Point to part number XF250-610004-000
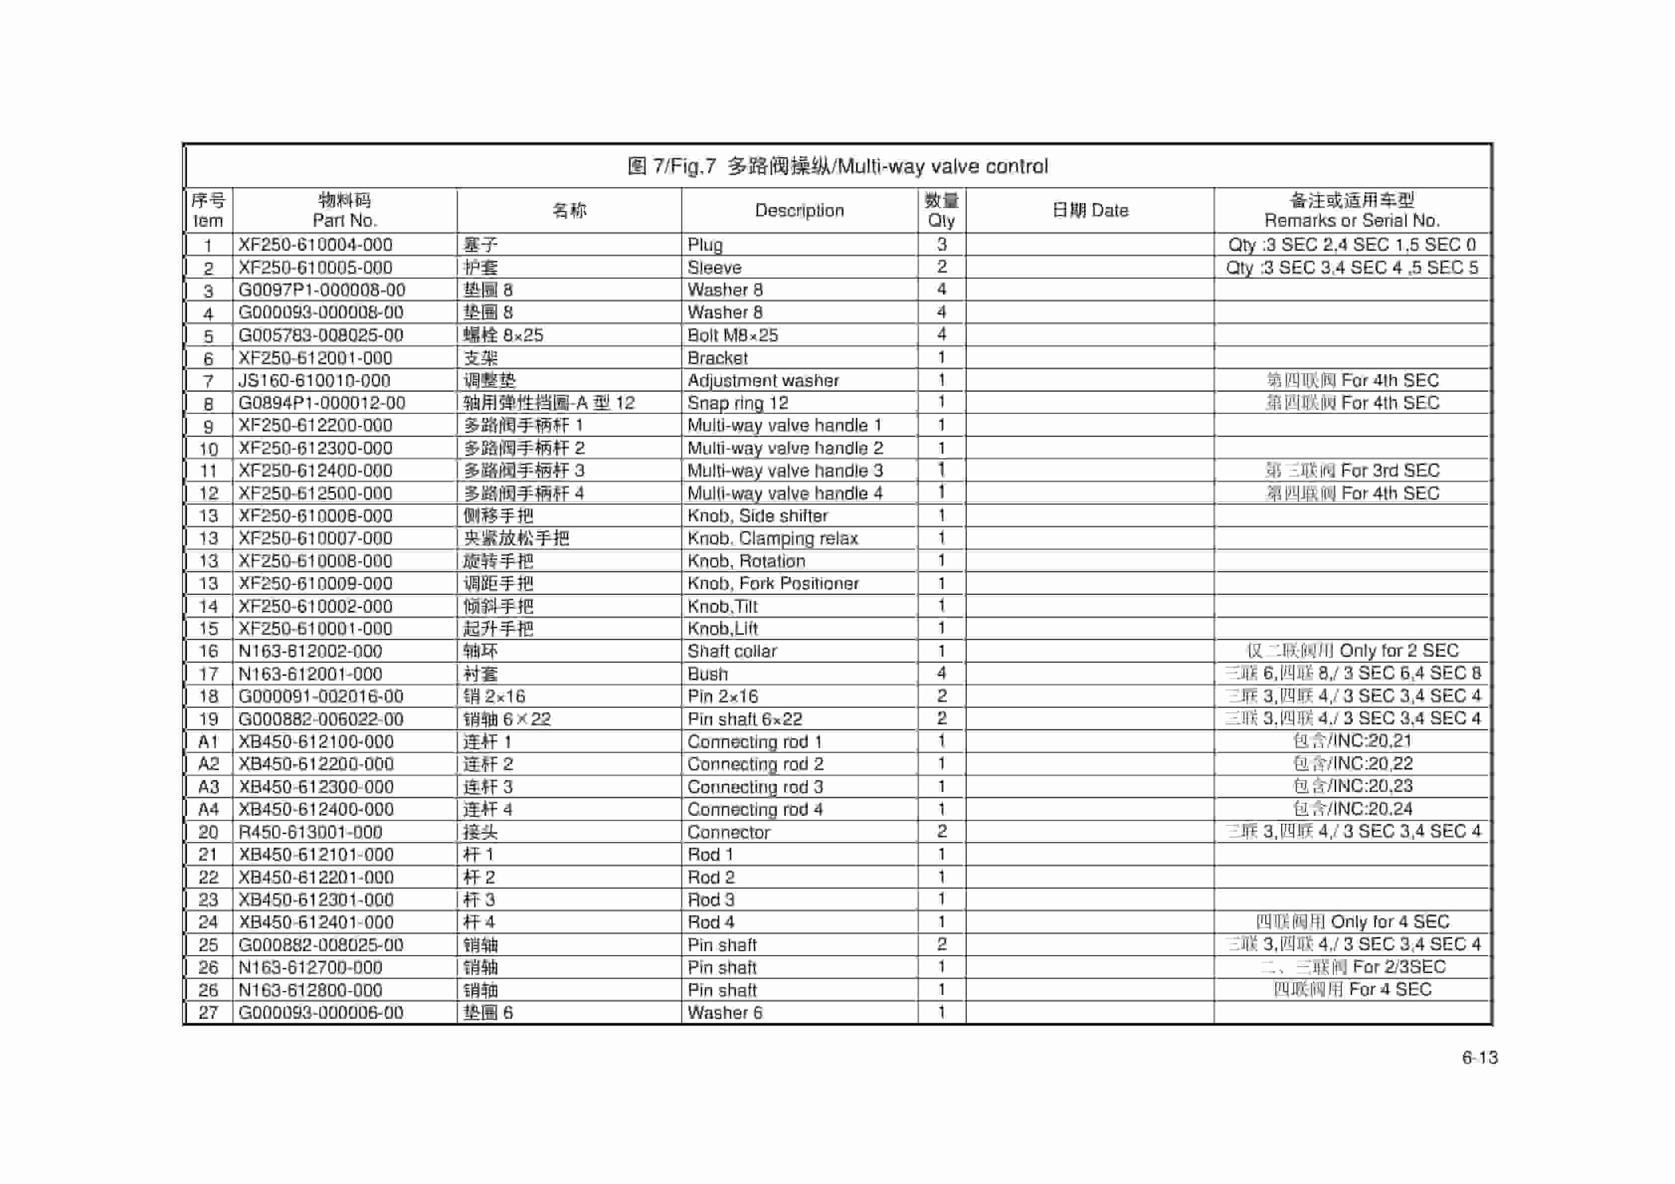click(315, 245)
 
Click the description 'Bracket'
click(717, 358)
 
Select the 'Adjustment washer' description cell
click(763, 380)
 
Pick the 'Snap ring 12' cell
click(738, 403)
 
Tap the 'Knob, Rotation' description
click(746, 561)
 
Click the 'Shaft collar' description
click(732, 651)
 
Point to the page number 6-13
click(1480, 1058)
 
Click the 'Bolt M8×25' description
click(733, 335)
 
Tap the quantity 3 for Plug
click(941, 245)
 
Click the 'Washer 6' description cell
click(725, 1012)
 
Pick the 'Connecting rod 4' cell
click(755, 809)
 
